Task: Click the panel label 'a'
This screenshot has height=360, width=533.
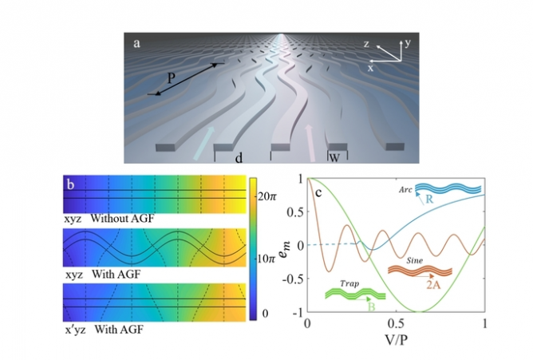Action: pyautogui.click(x=137, y=42)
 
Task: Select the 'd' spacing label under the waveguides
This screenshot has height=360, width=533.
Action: pyautogui.click(x=239, y=158)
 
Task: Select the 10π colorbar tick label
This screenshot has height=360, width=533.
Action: pyautogui.click(x=265, y=259)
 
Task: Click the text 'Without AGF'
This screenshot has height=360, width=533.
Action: pyautogui.click(x=120, y=217)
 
